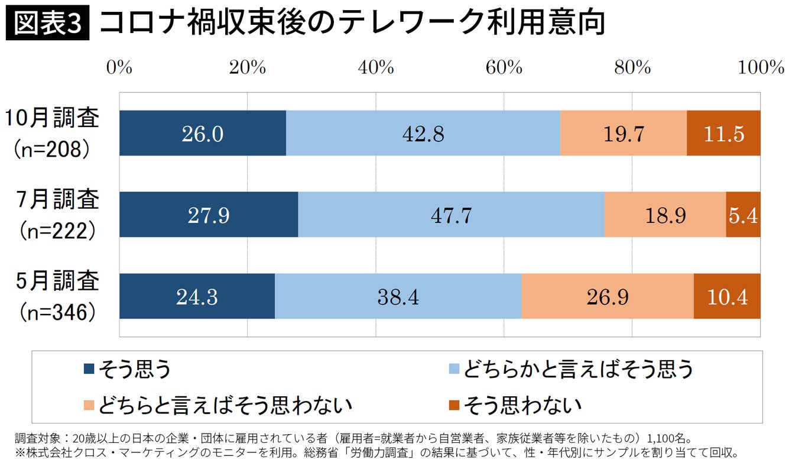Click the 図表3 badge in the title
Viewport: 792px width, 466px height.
pos(47,23)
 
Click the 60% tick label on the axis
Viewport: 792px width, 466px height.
pos(504,68)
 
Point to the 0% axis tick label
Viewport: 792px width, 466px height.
pos(119,68)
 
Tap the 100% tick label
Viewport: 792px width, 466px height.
pos(760,68)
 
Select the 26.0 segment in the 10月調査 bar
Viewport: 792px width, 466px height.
pos(203,134)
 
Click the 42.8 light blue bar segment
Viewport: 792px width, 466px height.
pos(423,134)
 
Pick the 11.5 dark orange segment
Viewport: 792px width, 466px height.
pos(723,134)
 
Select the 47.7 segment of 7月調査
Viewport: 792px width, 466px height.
pos(451,215)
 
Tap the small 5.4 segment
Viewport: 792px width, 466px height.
pos(743,215)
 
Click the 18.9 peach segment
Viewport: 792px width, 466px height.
pos(665,215)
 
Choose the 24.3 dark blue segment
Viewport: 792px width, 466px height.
pos(197,297)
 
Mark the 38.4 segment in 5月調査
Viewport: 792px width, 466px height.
pos(398,297)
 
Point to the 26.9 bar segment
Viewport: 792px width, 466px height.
pos(607,297)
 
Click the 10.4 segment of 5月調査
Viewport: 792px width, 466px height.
pos(727,297)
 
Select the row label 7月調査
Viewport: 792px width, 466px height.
pos(57,201)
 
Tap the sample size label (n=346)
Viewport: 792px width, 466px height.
pos(57,313)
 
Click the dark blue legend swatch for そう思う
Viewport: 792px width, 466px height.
pos(89,370)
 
